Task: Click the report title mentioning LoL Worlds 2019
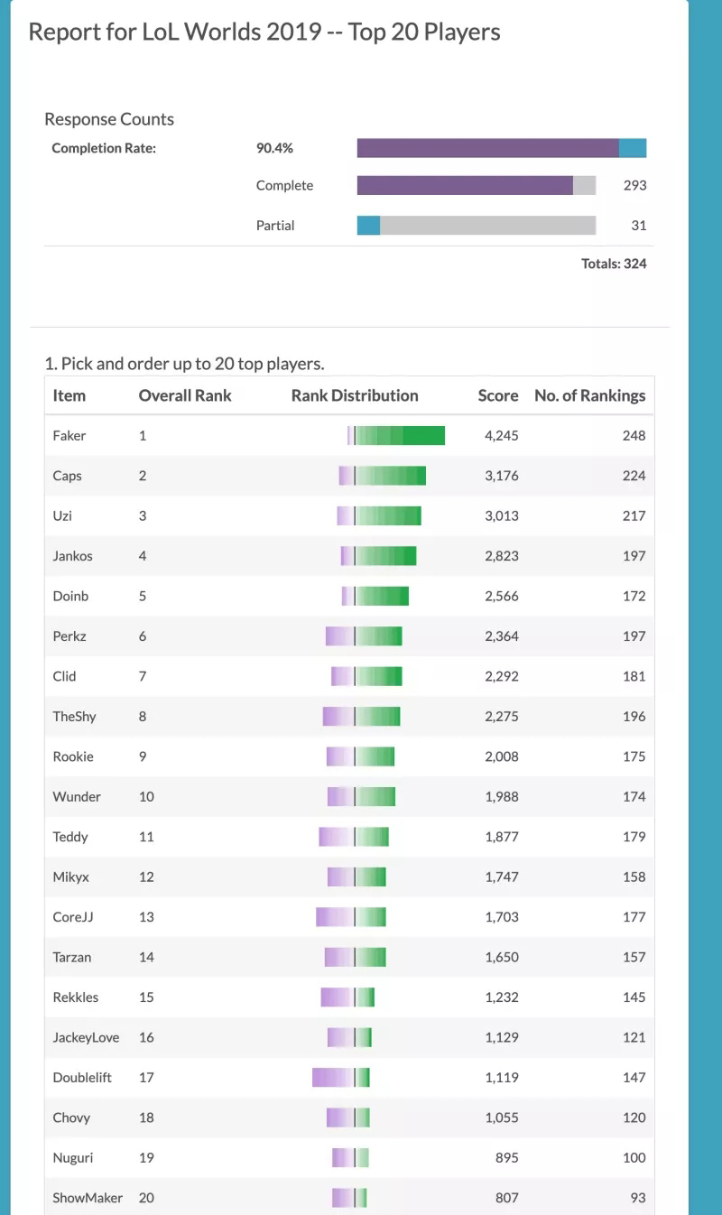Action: [264, 32]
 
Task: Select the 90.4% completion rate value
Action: [274, 148]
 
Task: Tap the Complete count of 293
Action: [634, 185]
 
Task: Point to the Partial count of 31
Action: [638, 225]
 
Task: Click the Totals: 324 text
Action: [614, 264]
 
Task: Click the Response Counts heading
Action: [109, 119]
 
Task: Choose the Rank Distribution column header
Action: [355, 395]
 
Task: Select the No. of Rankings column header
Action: [589, 395]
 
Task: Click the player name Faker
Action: [69, 435]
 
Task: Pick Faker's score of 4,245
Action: [501, 435]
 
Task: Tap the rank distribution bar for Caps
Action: [382, 476]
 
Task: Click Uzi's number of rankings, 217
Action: [634, 515]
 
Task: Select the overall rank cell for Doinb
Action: [143, 596]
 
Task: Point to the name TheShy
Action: [74, 716]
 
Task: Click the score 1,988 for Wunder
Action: [501, 796]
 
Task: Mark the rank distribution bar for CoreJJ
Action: [351, 917]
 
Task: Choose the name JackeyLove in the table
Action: [86, 1037]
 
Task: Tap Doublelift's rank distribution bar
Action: [341, 1077]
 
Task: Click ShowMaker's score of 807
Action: [509, 1198]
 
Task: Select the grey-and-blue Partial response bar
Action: [477, 225]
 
